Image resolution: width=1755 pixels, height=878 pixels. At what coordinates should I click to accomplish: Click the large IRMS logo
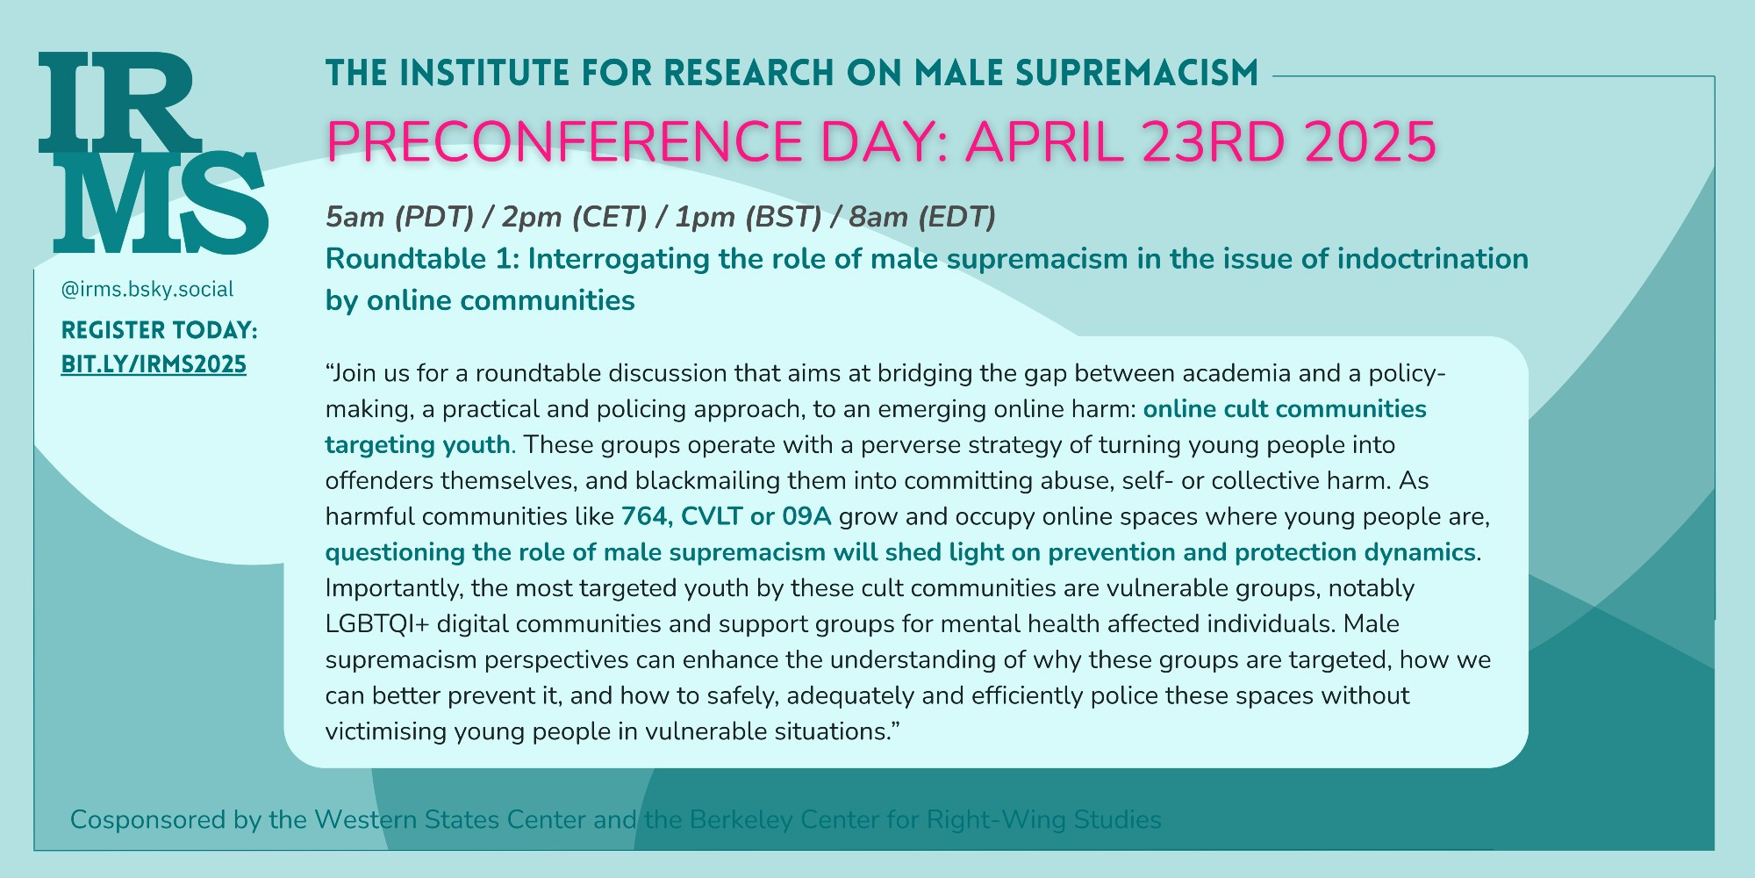153,153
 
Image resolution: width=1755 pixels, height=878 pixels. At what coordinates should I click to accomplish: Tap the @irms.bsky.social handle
147,290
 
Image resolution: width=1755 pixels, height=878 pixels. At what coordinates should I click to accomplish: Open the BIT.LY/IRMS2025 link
154,364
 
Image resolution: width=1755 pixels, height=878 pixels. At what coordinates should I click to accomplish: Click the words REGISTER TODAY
158,330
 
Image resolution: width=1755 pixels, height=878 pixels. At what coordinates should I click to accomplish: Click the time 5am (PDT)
400,217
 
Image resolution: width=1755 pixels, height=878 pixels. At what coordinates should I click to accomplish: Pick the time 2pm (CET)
575,217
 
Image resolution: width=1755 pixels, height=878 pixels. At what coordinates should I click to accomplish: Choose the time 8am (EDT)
922,217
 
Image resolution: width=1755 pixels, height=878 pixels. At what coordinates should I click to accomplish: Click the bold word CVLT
712,516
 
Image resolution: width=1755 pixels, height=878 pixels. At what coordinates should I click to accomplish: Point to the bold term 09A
806,516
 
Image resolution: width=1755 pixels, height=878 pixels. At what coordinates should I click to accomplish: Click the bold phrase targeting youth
418,445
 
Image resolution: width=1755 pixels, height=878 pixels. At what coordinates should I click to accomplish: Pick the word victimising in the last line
386,731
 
